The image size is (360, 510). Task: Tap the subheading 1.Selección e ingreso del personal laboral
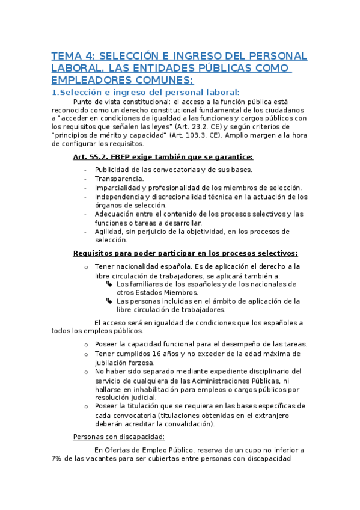[145, 92]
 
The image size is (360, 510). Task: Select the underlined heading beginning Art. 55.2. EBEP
[162, 158]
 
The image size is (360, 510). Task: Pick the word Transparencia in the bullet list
[119, 179]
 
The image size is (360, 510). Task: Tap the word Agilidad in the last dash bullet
[109, 231]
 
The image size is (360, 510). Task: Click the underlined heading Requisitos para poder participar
[185, 253]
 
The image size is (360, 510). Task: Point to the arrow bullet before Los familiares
[109, 284]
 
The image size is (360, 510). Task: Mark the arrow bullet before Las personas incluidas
[109, 301]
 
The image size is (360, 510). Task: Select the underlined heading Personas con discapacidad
[118, 437]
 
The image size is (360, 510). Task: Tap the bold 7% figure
[58, 458]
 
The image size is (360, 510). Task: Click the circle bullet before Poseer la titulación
[87, 406]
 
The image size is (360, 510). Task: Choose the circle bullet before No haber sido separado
[87, 372]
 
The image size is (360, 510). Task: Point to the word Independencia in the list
[122, 197]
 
